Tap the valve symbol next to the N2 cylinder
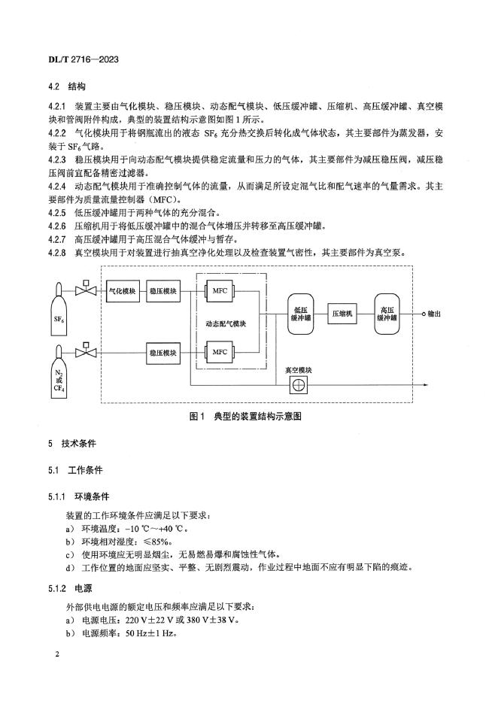point(90,350)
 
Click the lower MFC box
point(220,350)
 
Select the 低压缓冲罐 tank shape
point(300,314)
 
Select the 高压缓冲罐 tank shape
point(388,314)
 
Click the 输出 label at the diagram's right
point(434,314)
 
